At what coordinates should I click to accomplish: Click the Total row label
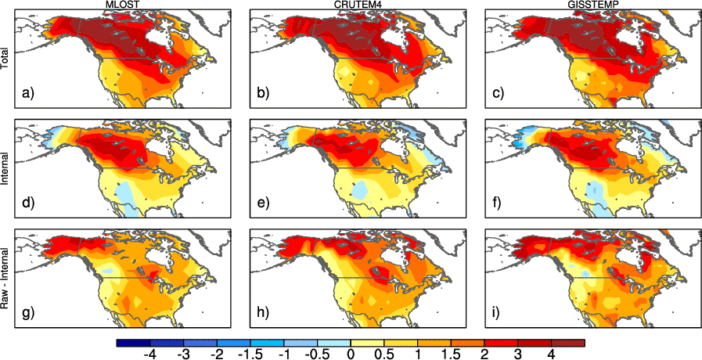[6, 59]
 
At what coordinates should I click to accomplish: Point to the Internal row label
[6, 168]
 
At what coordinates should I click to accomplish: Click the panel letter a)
[29, 94]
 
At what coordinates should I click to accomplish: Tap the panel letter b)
[262, 94]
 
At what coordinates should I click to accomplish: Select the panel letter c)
[493, 94]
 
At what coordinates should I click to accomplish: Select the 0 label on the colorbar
[350, 354]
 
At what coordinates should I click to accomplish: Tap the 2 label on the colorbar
[484, 354]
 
